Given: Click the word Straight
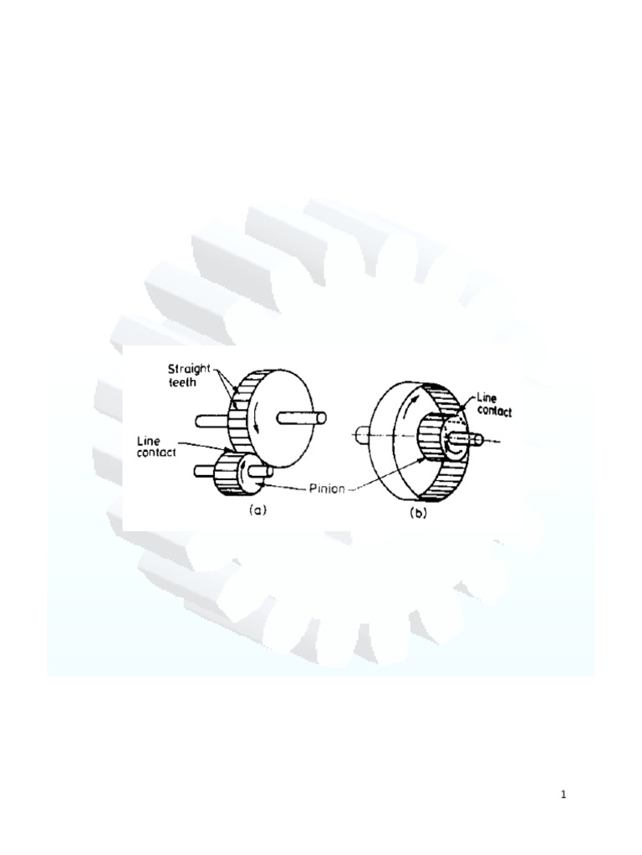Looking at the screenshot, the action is pos(189,369).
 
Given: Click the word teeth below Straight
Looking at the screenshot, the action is pos(181,382).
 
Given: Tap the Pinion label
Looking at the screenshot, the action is pos(328,488).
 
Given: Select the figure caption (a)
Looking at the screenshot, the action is pos(257,510).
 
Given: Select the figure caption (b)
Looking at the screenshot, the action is pos(418,514).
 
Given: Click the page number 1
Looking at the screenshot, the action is pos(563,795).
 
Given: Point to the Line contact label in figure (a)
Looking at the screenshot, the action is pos(156,447).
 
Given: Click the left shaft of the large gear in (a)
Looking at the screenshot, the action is pos(211,421).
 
